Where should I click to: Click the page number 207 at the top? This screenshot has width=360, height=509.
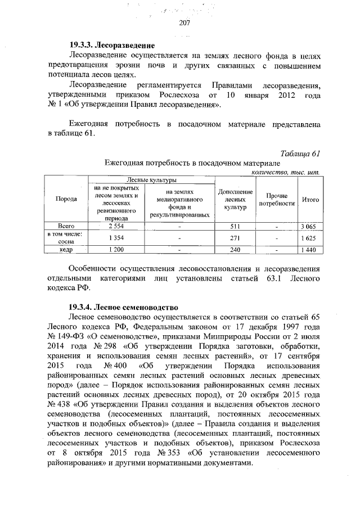point(184,23)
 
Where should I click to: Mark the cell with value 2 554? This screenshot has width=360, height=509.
point(115,226)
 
